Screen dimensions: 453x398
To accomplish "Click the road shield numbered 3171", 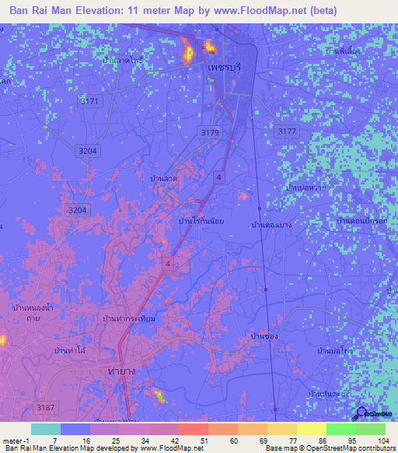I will click(x=91, y=101).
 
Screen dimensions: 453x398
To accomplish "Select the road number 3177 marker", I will click(x=287, y=132).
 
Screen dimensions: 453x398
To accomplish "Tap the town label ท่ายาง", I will click(x=120, y=371).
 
